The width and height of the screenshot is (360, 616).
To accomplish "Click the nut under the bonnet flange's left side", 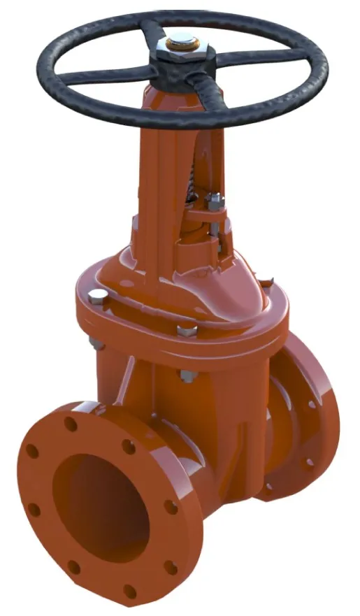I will (x=92, y=341).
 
